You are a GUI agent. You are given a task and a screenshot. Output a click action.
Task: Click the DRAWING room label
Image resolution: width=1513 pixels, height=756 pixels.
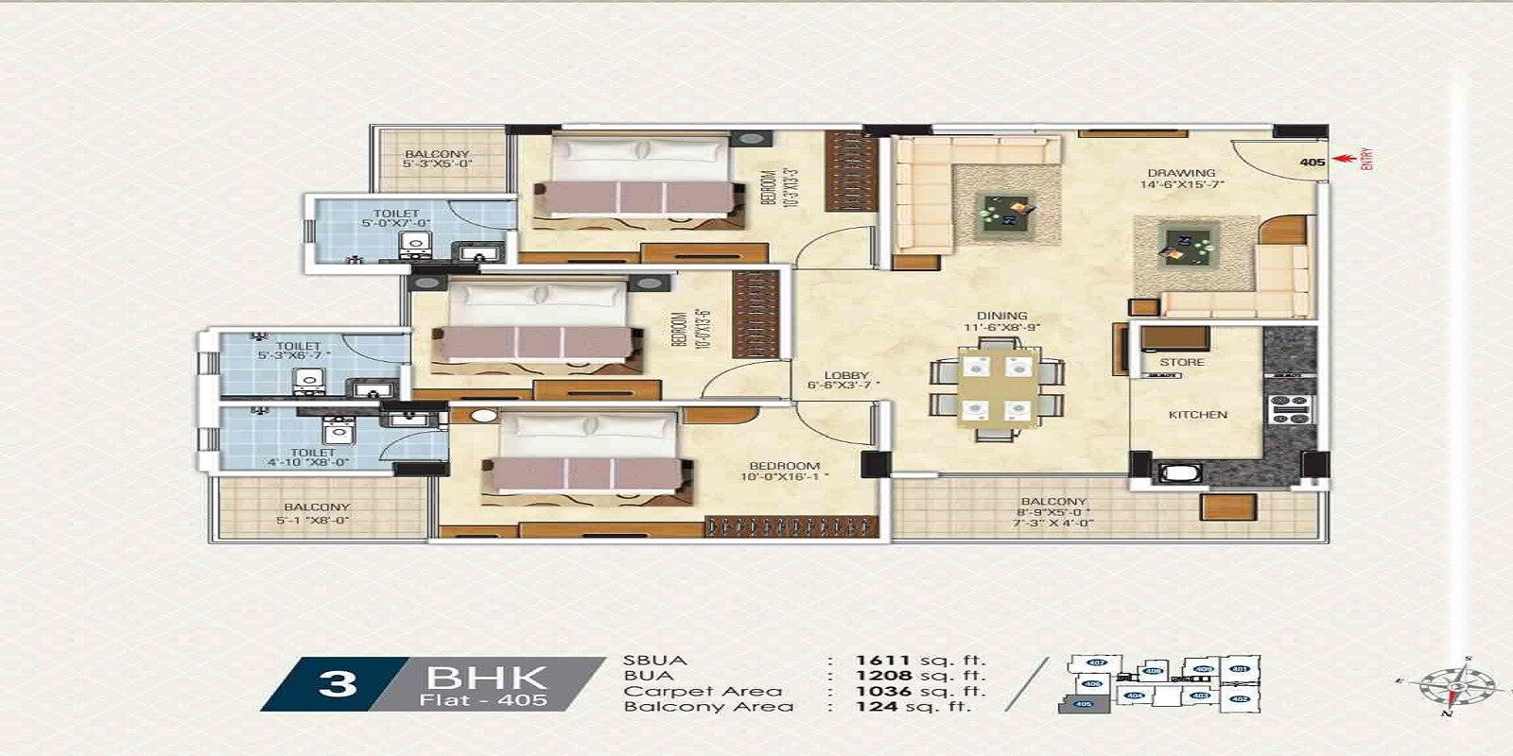(x=1181, y=174)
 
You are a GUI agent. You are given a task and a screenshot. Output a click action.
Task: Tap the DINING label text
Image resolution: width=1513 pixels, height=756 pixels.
(x=1002, y=317)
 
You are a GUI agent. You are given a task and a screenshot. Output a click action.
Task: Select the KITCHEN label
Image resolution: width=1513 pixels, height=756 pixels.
(x=1197, y=415)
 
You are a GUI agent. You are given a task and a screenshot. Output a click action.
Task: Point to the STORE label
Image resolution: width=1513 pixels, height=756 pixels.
(x=1182, y=362)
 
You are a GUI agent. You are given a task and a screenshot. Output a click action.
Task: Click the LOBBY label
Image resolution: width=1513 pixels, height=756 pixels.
(x=845, y=375)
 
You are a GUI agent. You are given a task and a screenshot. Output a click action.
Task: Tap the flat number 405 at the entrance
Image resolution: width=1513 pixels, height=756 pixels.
(x=1312, y=163)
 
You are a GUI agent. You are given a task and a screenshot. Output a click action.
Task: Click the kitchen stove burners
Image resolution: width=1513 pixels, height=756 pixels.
(x=1289, y=409)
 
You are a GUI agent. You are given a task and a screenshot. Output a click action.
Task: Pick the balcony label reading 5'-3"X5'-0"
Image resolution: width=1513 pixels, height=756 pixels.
(x=437, y=159)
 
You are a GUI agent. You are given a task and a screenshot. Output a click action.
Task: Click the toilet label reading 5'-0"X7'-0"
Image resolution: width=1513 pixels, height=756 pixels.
(x=395, y=218)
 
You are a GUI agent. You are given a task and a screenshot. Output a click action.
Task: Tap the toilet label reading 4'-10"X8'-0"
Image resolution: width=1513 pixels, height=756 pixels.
(x=311, y=457)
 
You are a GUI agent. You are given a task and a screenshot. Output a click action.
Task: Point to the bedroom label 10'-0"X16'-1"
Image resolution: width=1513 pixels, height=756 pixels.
(x=784, y=471)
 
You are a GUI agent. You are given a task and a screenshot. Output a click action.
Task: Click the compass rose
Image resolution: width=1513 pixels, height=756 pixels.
(x=1457, y=685)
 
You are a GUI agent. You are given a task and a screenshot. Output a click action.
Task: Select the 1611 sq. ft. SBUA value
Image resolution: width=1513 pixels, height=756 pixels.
(x=920, y=661)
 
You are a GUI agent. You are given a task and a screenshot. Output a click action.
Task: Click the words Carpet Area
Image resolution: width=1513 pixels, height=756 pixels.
(x=703, y=691)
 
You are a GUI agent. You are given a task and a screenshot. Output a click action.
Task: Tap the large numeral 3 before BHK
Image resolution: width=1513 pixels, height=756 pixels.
(x=338, y=683)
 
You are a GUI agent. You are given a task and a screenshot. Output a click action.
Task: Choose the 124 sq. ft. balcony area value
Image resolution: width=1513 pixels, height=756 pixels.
(x=913, y=706)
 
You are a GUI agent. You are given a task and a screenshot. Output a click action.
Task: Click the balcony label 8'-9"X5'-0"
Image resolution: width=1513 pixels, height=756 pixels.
(x=1053, y=507)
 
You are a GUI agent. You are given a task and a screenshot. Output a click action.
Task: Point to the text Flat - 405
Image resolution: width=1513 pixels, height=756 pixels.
(x=483, y=700)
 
